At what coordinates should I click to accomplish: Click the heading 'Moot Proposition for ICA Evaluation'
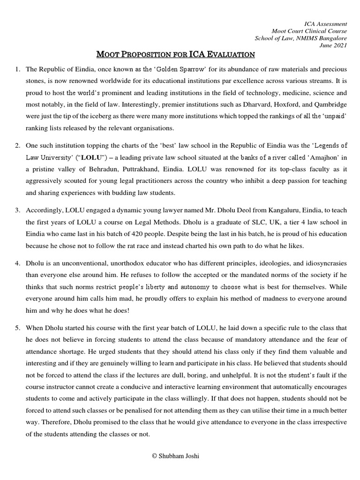click(175, 55)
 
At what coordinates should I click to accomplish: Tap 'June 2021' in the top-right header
click(334, 45)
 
